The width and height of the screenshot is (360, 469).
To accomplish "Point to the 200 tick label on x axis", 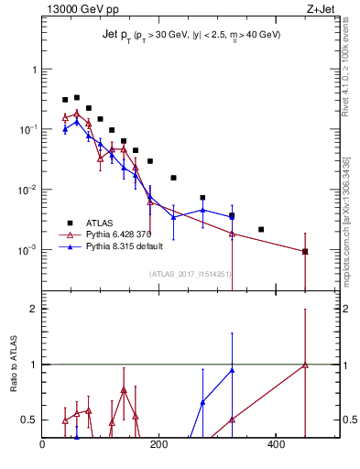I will coord(158,446).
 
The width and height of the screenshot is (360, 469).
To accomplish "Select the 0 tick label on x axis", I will coord(42,446).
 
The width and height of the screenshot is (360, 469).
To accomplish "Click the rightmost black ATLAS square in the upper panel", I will coord(305,251).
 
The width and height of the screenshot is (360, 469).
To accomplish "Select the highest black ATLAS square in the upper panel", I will coord(77,97).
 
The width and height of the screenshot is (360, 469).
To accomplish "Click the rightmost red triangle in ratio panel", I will coord(305,365).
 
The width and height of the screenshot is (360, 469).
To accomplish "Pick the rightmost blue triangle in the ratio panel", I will coord(232,370).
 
